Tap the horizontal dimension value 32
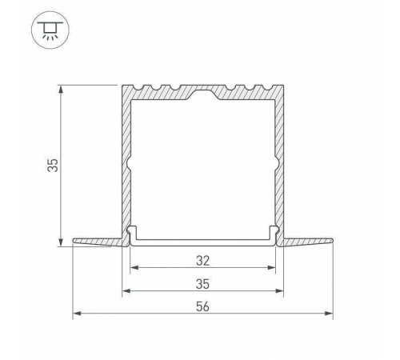202,261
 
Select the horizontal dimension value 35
202,283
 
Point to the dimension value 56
202,306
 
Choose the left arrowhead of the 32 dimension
134,269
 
